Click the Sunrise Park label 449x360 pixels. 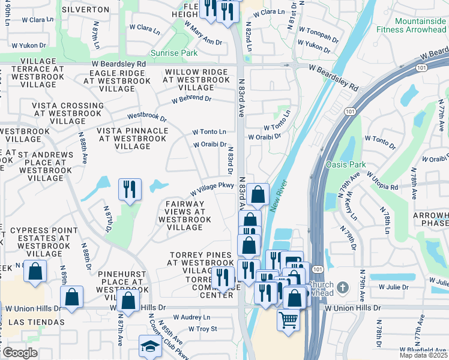click(x=175, y=53)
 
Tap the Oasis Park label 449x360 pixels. click(x=345, y=164)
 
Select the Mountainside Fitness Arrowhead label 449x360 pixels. click(x=411, y=23)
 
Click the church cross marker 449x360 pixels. click(x=342, y=287)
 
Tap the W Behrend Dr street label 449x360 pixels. click(x=191, y=99)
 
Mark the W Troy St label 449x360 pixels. click(x=202, y=329)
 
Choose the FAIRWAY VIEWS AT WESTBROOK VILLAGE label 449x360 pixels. click(x=185, y=216)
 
